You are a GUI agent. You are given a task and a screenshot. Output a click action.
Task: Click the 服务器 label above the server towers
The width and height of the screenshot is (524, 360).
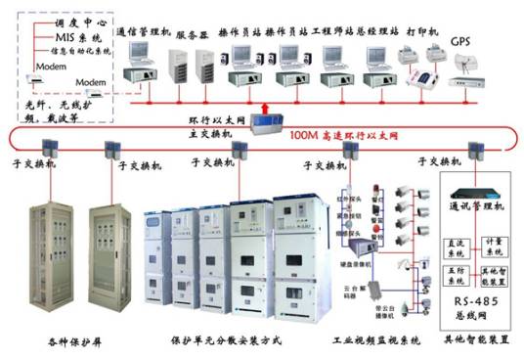(195, 32)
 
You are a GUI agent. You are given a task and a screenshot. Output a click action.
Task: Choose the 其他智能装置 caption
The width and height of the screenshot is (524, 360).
(476, 340)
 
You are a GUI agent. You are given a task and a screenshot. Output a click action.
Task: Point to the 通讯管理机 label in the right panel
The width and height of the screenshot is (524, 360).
(477, 208)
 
